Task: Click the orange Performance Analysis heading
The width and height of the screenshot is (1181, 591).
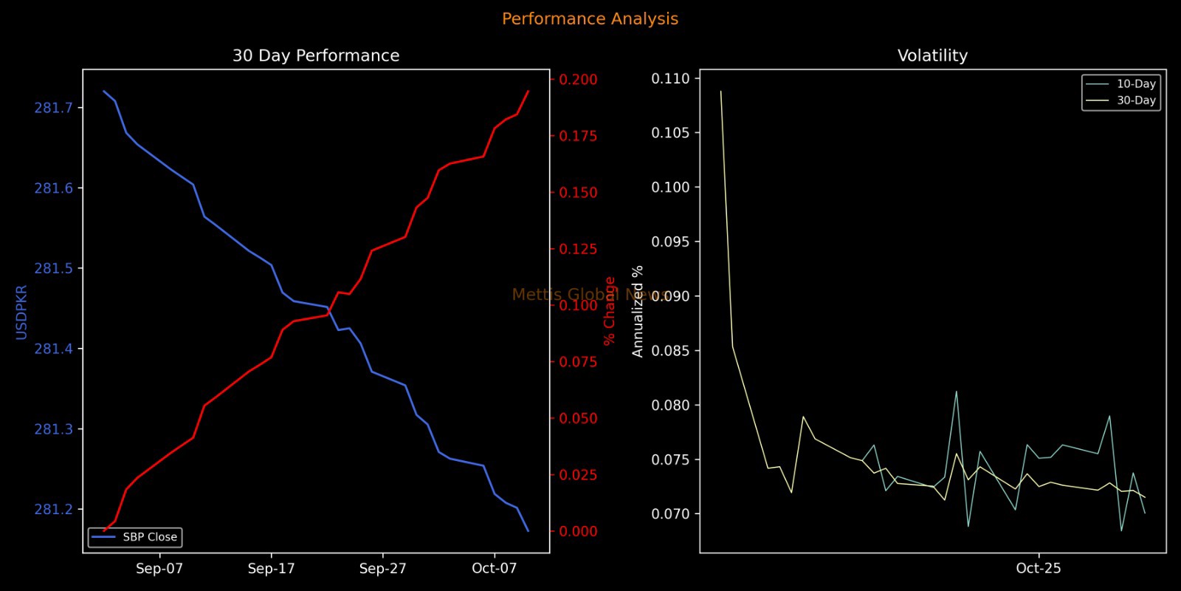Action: tap(590, 19)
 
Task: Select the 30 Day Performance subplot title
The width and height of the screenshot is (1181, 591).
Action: tap(316, 56)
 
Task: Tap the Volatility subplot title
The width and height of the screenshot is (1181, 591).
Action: tap(932, 56)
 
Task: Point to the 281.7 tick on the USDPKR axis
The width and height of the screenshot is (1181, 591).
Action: tap(54, 108)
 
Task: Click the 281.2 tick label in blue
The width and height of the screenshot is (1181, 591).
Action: tap(54, 510)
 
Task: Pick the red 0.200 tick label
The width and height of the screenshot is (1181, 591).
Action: tap(578, 80)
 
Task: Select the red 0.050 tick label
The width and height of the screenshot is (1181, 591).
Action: tap(578, 419)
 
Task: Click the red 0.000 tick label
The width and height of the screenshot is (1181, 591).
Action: tap(578, 532)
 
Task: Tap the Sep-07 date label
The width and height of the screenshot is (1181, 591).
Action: tap(159, 569)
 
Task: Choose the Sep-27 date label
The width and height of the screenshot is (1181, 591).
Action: tap(382, 569)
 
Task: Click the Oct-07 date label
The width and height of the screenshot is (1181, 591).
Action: tap(494, 569)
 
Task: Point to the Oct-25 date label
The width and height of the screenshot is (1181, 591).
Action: tap(1039, 569)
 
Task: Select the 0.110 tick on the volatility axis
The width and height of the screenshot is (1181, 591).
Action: tap(670, 79)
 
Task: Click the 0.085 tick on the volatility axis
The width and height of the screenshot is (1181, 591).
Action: tap(670, 351)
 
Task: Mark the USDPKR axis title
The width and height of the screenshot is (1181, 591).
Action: tap(21, 312)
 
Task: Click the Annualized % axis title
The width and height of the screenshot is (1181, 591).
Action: tap(638, 311)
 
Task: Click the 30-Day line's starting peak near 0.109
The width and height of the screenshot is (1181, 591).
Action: tap(720, 92)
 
